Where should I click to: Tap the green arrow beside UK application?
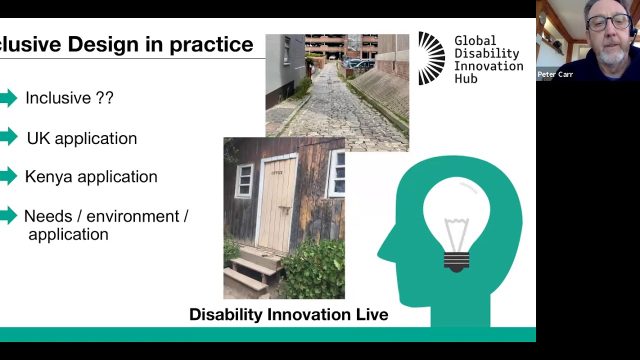pos(9,137)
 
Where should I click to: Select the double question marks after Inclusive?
pos(104,97)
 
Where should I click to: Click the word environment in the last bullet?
pos(132,216)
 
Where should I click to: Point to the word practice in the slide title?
pos(211,44)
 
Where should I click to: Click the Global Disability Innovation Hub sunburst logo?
pos(431,58)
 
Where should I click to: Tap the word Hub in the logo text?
pos(465,79)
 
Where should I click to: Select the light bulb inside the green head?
pos(457,220)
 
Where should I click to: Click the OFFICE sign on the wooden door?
pos(277,173)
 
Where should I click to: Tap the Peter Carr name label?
pos(555,74)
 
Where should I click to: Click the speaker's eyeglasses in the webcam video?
pos(608,22)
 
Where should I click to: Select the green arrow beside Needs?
pos(9,216)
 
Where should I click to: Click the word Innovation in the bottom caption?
pos(309,314)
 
